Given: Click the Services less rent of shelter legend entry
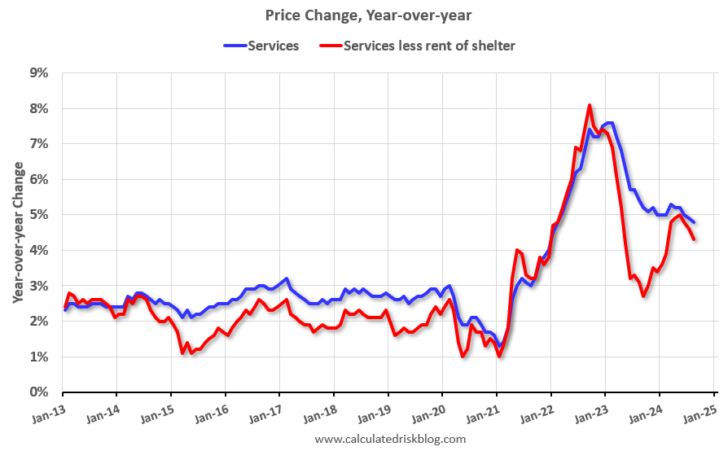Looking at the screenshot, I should pos(429,46).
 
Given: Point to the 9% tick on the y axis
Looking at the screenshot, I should pos(38,72).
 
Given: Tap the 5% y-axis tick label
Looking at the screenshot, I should pos(38,215).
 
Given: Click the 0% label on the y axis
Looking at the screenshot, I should pos(38,392).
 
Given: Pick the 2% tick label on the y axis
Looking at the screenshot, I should pos(38,322).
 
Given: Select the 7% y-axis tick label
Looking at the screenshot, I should pos(38,144).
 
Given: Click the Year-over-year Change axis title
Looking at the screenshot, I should pos(17,232).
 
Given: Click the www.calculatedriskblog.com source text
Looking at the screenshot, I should pos(390,440).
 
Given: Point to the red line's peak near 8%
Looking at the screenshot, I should pos(590,105).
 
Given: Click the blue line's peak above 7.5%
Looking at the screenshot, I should pos(609,123).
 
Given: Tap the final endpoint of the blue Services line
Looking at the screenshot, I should pos(694,221).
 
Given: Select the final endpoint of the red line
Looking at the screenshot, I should pos(694,239).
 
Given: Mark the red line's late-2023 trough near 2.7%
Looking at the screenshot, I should pos(644,296).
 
